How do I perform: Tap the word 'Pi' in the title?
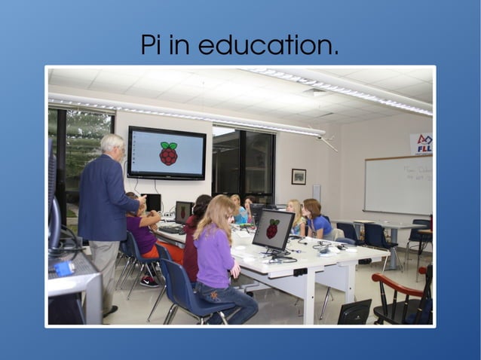(x=153, y=45)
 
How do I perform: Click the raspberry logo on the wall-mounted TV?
(x=168, y=153)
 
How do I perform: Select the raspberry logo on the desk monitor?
(x=272, y=229)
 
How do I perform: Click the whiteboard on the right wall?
(x=397, y=184)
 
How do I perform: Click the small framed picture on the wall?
(x=299, y=176)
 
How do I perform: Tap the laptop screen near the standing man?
(x=183, y=212)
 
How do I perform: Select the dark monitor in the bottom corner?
(x=354, y=313)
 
